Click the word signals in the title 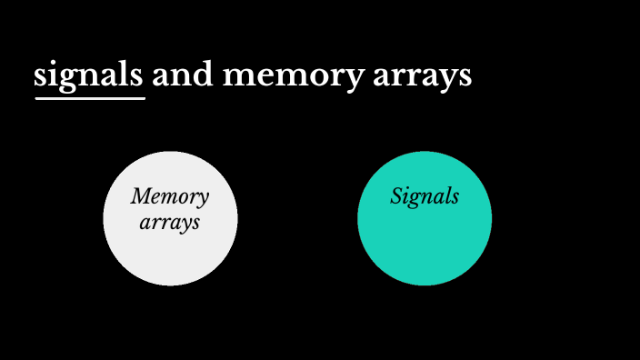coord(88,75)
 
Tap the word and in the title coord(182,75)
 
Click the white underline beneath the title coord(90,97)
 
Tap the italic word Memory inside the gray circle coord(169,196)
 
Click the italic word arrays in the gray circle coord(170,222)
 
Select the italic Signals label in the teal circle coord(425,196)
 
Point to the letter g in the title coord(66,79)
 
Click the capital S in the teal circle coord(397,196)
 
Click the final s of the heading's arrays coord(465,77)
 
